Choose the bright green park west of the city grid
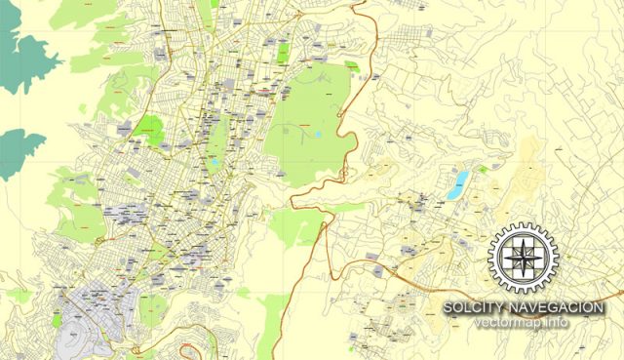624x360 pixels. (x=150, y=127)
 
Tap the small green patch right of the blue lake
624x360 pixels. (x=482, y=168)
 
